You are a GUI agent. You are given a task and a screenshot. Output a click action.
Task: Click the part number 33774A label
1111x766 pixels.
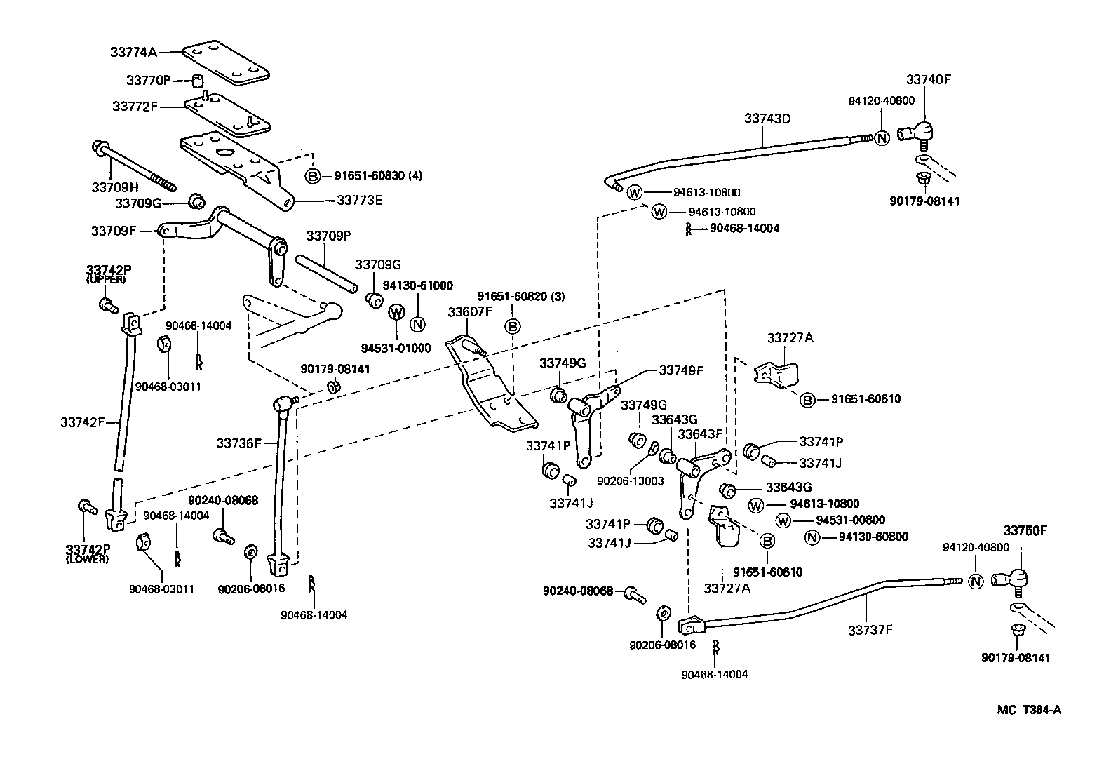point(133,51)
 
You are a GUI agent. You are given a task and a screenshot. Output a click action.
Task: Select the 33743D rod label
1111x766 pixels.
point(767,119)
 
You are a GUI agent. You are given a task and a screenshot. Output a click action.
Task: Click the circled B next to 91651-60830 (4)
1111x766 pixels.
point(313,176)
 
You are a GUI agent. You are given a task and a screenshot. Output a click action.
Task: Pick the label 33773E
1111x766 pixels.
point(359,200)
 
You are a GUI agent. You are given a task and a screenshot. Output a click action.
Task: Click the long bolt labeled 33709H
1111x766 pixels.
point(133,167)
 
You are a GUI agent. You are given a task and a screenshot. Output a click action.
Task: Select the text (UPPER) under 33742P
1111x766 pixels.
point(106,280)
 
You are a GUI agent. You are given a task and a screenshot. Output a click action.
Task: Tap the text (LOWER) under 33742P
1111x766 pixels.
point(88,559)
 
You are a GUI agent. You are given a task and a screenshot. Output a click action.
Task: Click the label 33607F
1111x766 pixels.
point(471,311)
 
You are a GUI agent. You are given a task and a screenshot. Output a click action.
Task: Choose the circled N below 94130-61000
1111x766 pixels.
point(417,324)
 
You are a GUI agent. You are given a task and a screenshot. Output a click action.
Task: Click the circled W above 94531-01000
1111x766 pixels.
point(396,312)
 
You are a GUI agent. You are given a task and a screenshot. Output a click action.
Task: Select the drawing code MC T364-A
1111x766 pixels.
point(1029,710)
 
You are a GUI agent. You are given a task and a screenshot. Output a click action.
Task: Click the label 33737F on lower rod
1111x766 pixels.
point(870,630)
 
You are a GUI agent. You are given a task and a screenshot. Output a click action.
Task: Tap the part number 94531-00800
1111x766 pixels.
point(851,520)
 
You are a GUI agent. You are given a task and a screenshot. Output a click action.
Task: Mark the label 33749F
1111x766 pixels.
point(680,370)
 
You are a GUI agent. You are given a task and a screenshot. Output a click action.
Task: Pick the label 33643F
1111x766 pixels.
point(699,434)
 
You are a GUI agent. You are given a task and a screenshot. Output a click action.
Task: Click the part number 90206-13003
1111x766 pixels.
point(631,481)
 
